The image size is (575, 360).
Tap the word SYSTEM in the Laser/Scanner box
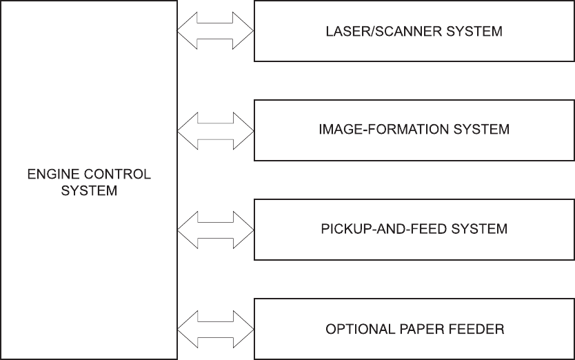tap(476, 31)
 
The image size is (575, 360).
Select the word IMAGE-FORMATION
tap(383, 130)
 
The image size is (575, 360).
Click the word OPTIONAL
tap(359, 328)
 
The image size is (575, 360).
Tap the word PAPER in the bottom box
tap(418, 328)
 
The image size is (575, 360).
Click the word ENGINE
tap(47, 174)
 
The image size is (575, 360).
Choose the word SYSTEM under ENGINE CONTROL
tap(89, 191)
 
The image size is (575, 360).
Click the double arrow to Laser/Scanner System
tap(216, 31)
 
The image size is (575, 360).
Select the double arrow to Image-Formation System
tap(216, 130)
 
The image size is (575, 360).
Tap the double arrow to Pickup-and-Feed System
tap(216, 228)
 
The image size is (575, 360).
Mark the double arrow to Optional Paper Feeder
tap(216, 328)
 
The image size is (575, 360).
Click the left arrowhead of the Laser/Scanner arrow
tap(188, 31)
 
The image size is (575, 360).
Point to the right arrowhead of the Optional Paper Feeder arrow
tap(245, 328)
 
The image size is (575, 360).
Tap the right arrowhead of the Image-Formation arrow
tap(245, 130)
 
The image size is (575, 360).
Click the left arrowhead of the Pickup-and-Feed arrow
tap(188, 228)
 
